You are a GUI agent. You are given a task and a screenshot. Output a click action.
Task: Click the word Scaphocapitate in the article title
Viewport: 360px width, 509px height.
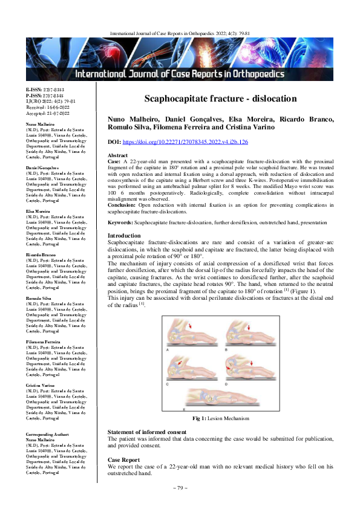tap(179, 99)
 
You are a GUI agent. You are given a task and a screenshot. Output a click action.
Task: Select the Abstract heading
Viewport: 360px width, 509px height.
tap(119, 155)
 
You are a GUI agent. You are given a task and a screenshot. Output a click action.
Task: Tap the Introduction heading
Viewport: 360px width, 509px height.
tap(124, 235)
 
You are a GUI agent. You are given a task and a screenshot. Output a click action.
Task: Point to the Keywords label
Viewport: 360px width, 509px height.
tap(120, 222)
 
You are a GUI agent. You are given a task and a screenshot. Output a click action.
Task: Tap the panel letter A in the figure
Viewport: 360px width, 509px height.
tap(168, 350)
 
